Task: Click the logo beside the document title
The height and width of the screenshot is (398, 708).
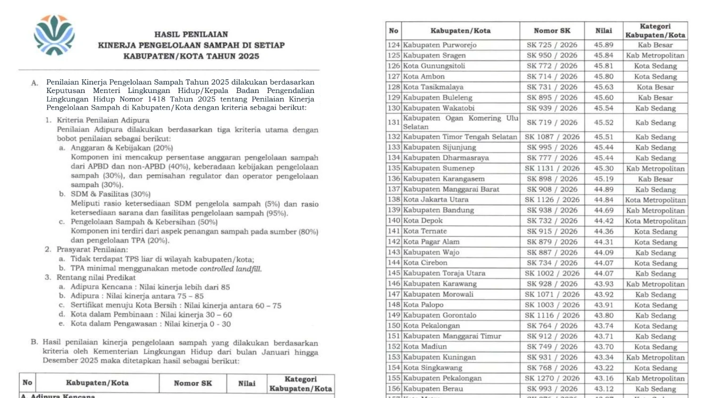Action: (x=54, y=35)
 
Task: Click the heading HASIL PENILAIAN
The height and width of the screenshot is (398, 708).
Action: (x=191, y=34)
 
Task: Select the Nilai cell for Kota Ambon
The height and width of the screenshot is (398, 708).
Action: (x=603, y=76)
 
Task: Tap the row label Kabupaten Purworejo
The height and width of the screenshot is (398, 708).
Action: (x=439, y=45)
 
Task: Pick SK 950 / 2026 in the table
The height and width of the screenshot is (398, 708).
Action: (x=552, y=56)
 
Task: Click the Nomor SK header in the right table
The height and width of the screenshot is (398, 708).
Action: (x=552, y=31)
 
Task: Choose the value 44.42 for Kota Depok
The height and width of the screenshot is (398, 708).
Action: (x=603, y=221)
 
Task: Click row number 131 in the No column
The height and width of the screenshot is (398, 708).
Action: (x=394, y=122)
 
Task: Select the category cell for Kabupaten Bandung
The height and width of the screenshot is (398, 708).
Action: (x=655, y=211)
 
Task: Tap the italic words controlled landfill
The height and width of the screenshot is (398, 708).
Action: (x=230, y=269)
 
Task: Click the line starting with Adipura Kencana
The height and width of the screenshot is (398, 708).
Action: (x=150, y=287)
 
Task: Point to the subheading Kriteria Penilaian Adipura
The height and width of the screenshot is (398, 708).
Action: (x=103, y=120)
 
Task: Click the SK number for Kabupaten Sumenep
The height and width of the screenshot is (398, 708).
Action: (x=552, y=169)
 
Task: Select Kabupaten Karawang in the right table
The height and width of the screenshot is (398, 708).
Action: (x=440, y=284)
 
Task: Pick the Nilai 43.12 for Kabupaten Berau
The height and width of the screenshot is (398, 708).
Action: (x=603, y=389)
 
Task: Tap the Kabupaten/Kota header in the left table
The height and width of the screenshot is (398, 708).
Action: (x=97, y=383)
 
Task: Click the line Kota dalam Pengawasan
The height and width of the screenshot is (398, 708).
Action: (x=151, y=324)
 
